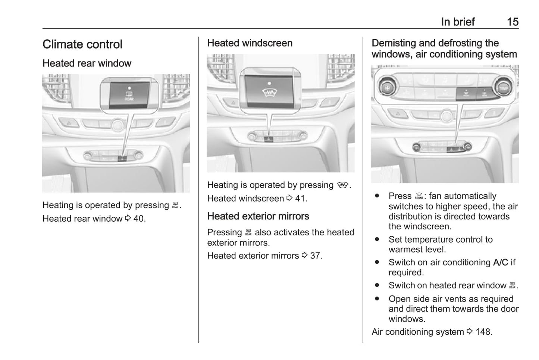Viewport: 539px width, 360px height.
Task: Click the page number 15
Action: (513, 22)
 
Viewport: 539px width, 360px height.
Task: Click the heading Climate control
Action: (82, 44)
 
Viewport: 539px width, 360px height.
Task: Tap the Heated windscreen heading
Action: (250, 43)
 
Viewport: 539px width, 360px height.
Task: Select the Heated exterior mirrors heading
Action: (258, 216)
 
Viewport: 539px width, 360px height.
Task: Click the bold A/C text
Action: (500, 263)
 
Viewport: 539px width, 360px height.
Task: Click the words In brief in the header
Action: (458, 22)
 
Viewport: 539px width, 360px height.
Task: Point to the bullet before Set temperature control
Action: (377, 240)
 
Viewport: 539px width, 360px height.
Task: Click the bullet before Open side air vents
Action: (377, 299)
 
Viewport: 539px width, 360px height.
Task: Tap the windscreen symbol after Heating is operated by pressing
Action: (342, 185)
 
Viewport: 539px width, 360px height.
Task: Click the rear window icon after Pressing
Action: (248, 233)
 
